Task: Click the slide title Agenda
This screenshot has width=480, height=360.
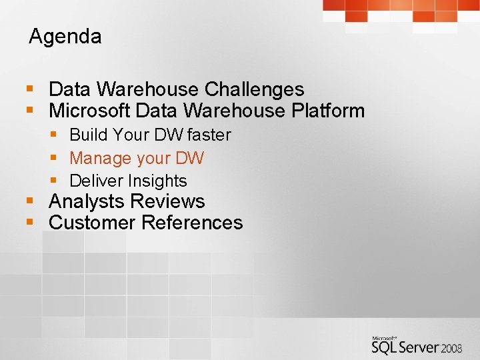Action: (65, 37)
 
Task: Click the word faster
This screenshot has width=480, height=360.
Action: (209, 135)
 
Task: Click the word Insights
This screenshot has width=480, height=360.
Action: (157, 181)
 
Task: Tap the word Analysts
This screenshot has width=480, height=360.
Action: (87, 201)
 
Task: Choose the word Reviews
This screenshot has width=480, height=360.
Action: (168, 201)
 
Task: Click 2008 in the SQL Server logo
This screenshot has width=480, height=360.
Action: (452, 348)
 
